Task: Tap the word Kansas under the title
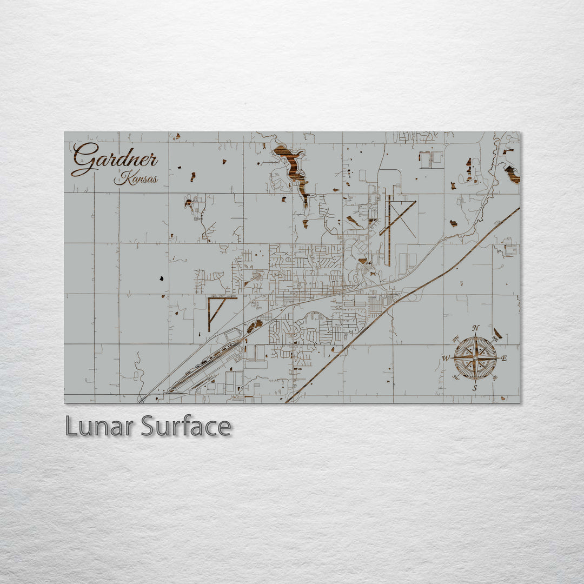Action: (136, 179)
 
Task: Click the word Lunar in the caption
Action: (99, 426)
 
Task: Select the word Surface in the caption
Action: (186, 426)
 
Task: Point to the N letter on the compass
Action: (475, 328)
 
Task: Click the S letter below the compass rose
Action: (475, 388)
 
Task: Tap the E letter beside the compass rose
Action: (504, 358)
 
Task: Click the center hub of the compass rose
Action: (475, 358)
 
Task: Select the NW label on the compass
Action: (456, 340)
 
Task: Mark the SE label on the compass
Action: (494, 377)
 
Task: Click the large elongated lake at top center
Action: (293, 168)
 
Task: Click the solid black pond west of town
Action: (161, 278)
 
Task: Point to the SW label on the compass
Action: (456, 377)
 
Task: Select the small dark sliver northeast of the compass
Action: (497, 333)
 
